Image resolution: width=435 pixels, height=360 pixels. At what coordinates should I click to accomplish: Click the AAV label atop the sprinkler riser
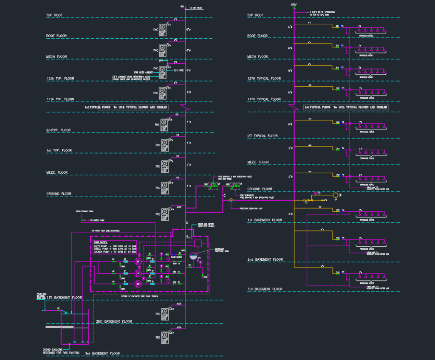(293, 5)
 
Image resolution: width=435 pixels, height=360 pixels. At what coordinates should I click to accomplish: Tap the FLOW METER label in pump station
(176, 257)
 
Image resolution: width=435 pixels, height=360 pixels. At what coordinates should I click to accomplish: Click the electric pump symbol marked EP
(138, 262)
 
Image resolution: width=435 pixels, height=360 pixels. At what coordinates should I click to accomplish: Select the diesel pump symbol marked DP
(138, 284)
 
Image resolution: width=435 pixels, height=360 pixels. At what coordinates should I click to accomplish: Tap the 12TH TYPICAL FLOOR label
(264, 78)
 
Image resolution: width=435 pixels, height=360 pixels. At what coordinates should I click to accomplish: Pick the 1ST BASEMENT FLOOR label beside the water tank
(64, 297)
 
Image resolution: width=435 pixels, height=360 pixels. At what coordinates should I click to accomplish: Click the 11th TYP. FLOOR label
(60, 99)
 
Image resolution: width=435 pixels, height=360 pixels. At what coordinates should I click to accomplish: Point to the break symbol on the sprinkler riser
(293, 107)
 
